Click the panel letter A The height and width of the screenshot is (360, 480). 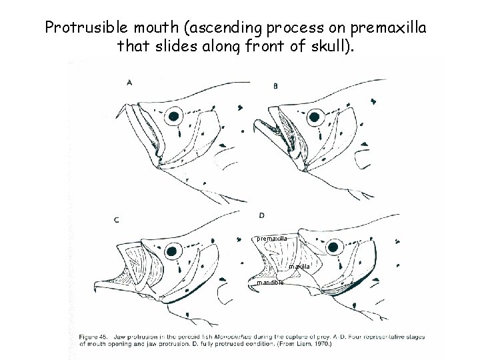tap(129, 83)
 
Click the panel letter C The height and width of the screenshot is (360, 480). tap(117, 219)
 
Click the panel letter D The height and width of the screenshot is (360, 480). tap(261, 215)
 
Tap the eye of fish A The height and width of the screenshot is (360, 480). tap(175, 116)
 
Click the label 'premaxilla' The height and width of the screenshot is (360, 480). tap(272, 238)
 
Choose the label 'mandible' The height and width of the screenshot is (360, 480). tap(270, 282)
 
